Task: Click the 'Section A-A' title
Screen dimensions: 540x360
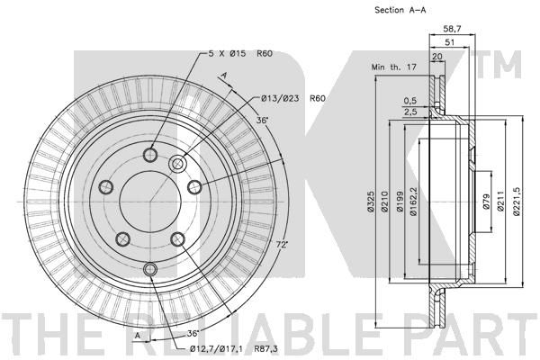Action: click(400, 10)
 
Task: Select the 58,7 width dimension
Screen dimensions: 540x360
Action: click(452, 29)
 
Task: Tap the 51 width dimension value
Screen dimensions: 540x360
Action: click(449, 42)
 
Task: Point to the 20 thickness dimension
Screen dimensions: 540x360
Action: click(437, 56)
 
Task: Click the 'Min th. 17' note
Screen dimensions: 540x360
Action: click(394, 67)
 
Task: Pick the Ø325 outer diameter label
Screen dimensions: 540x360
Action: click(370, 201)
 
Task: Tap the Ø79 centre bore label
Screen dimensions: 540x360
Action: click(486, 202)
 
